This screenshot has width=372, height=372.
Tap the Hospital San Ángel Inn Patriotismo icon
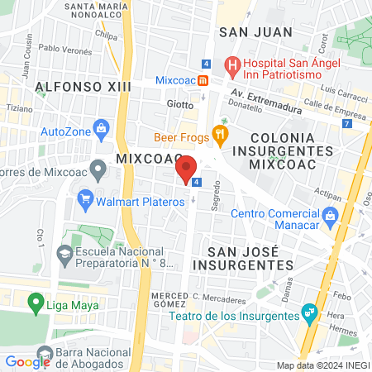(233, 64)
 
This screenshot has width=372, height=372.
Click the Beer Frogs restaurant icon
(219, 132)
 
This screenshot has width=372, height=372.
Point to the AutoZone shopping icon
(101, 129)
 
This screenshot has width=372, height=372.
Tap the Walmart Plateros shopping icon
(83, 198)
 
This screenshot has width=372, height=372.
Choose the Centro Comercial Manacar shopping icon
(331, 217)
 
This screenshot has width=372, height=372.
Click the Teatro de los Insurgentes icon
(309, 312)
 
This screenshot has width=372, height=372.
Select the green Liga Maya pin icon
(36, 303)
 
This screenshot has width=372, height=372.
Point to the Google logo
(28, 361)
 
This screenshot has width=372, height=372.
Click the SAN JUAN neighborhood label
(255, 32)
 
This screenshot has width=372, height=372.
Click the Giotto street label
(179, 105)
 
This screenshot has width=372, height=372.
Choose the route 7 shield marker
(345, 123)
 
